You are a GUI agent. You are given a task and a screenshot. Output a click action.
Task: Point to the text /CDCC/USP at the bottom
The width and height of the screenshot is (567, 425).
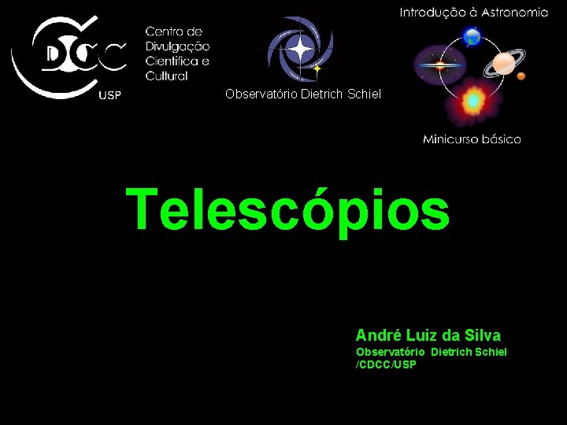pos(386,364)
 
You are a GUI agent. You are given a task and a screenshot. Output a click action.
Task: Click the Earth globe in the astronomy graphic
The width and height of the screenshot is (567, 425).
pos(472,36)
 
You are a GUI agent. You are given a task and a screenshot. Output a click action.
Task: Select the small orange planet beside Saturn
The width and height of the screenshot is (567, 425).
pos(521,76)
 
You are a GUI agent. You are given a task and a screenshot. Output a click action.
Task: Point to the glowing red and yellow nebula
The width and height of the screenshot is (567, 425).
pos(472,101)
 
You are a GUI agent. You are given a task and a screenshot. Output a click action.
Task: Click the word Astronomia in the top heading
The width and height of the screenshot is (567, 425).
pos(517,12)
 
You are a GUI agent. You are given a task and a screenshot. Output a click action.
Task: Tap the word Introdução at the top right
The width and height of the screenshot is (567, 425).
pos(432,12)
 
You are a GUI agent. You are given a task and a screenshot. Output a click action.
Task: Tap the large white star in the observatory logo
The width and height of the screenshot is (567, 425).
pos(300,49)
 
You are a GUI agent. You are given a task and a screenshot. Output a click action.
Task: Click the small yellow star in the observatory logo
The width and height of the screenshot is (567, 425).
pos(317,69)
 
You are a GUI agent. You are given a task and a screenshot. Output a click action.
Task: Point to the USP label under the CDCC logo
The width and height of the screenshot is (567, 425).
pos(109,96)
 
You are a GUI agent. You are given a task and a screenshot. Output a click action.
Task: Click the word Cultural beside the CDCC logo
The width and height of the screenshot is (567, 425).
pos(166,76)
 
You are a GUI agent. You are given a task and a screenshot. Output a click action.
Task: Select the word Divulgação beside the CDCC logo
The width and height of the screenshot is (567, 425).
pos(177,46)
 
